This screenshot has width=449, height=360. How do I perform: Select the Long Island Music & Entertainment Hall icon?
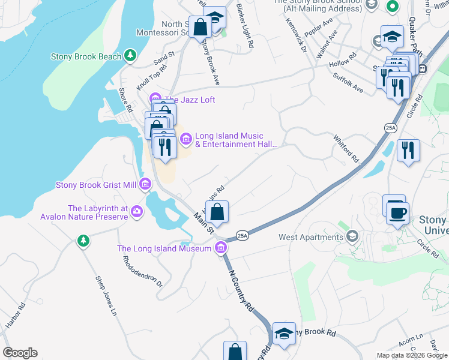pyautogui.click(x=185, y=140)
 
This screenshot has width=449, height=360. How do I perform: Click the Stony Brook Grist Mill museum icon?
pyautogui.click(x=145, y=185)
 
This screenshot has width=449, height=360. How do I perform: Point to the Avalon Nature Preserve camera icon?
pyautogui.click(x=137, y=211)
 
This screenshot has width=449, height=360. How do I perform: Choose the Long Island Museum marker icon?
pyautogui.click(x=220, y=248)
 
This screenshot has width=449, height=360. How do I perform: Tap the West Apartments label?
pyautogui.click(x=310, y=237)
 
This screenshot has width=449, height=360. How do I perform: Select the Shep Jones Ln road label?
pyautogui.click(x=106, y=295)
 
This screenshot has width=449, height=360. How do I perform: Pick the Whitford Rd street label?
pyautogui.click(x=346, y=149)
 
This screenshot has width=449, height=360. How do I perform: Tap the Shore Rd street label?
pyautogui.click(x=125, y=100)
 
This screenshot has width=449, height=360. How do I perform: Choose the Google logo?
pyautogui.click(x=20, y=353)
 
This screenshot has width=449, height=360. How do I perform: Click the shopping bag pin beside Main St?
pyautogui.click(x=217, y=211)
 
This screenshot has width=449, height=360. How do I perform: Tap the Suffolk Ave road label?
pyautogui.click(x=348, y=83)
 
